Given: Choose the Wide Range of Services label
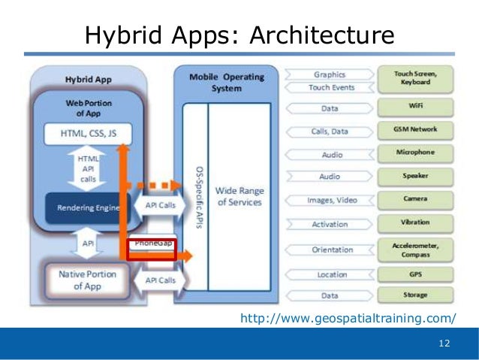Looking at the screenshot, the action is click(239, 197).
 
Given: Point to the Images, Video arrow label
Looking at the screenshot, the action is click(332, 201).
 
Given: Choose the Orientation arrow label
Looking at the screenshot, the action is click(332, 250).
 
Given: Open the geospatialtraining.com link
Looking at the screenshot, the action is click(348, 319).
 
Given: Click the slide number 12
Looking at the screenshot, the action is click(443, 343).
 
